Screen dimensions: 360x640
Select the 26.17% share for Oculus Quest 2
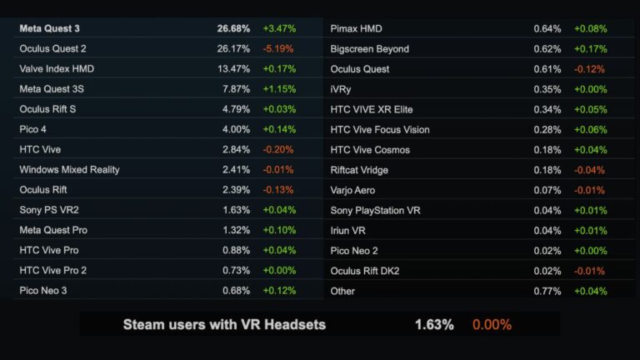[233, 48]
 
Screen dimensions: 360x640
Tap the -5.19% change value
[279, 48]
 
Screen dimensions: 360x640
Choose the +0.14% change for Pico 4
[279, 129]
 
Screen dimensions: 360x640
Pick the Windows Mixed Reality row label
[69, 169]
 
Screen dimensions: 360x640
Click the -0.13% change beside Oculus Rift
[279, 189]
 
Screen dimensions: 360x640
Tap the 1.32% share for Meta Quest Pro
[236, 230]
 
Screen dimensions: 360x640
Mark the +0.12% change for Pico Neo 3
[279, 290]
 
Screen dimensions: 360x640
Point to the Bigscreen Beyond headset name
[369, 48]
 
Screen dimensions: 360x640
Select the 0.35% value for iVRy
[547, 89]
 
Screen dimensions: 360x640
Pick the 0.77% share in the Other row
[547, 291]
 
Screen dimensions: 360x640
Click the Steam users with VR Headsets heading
[224, 324]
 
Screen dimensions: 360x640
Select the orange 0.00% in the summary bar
[492, 324]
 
